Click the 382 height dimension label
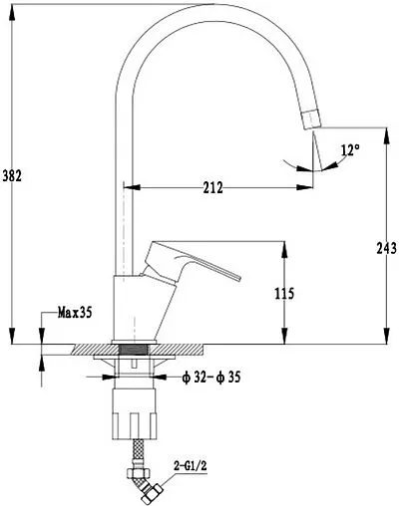point(12,175)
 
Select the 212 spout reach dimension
point(212,188)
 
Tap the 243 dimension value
point(387,248)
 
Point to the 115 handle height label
point(284,294)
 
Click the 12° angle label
point(350,150)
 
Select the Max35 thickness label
point(75,313)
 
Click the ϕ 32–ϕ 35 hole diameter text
point(211,378)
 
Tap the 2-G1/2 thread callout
point(191,466)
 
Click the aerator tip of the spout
point(311,119)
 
